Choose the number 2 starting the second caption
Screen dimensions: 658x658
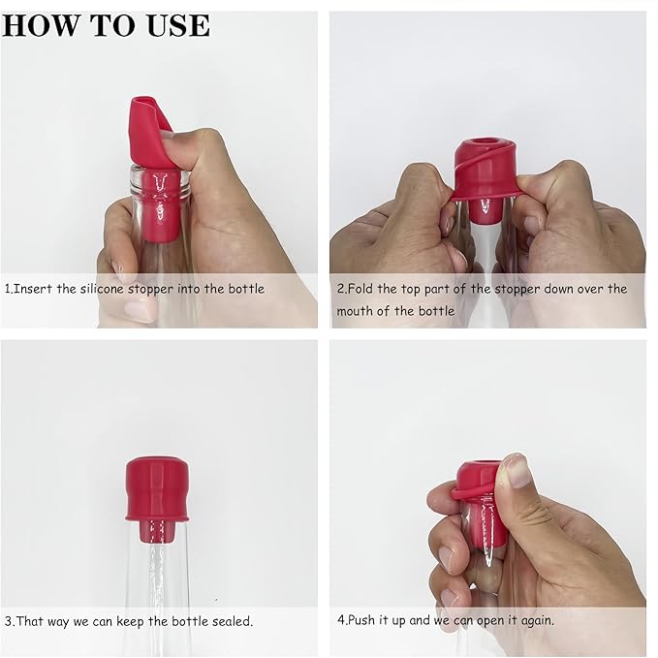coord(341,289)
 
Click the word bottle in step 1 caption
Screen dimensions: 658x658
coord(244,289)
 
